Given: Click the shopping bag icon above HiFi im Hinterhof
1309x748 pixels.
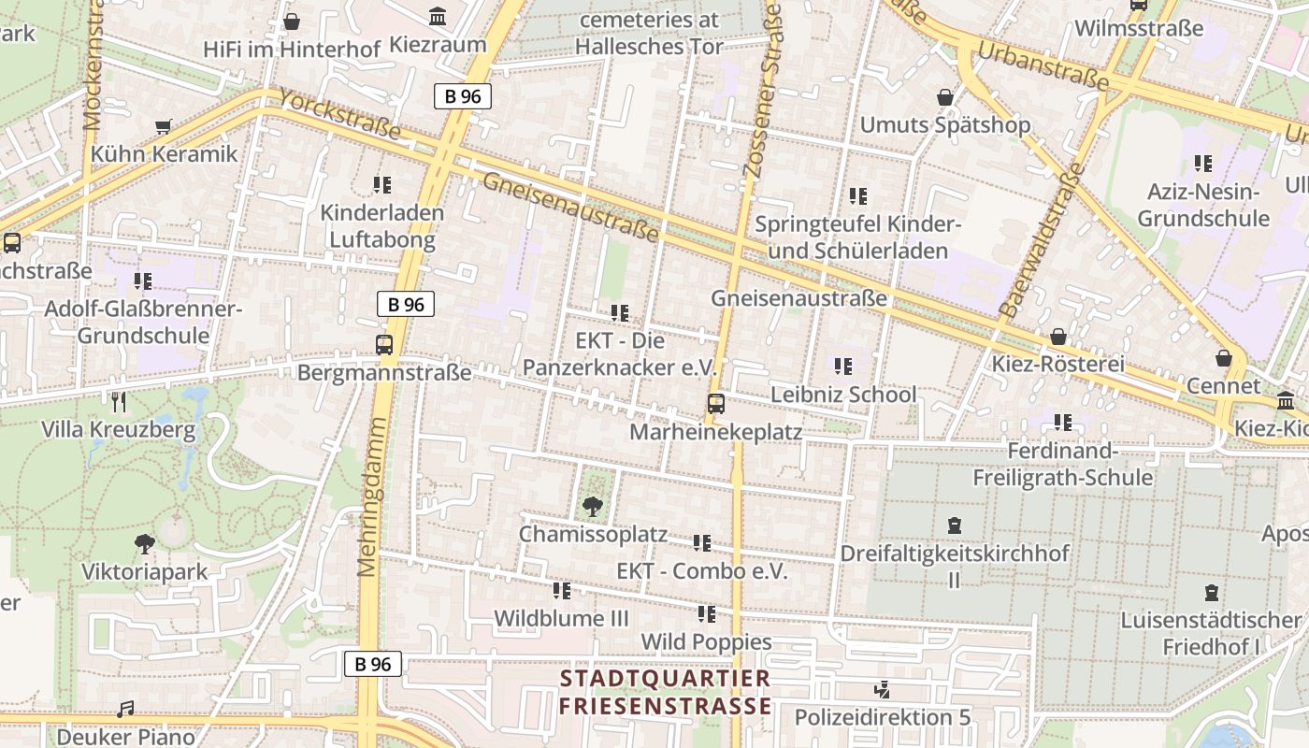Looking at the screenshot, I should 292,21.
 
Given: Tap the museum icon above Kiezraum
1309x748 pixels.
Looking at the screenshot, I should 437,16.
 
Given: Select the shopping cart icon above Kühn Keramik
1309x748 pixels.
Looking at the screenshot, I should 164,126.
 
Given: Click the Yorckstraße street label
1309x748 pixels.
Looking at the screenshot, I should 339,115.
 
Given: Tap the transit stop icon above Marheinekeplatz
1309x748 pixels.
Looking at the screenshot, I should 715,404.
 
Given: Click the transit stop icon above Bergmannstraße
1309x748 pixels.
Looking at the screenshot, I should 384,344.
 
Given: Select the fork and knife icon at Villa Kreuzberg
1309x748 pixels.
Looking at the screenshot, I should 119,402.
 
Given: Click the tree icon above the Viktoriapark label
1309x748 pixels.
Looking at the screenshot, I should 144,544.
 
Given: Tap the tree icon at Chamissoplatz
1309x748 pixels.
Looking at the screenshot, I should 592,507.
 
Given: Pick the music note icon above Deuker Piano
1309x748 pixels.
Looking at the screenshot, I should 125,710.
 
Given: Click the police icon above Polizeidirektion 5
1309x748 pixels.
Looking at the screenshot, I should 881,690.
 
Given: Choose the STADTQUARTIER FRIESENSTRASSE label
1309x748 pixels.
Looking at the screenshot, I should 666,692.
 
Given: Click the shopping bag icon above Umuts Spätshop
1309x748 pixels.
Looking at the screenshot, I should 945,97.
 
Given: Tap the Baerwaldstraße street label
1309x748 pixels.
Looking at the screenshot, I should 1040,240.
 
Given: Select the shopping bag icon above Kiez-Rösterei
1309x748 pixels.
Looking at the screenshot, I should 1058,337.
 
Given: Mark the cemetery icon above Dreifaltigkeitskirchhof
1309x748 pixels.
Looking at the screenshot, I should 954,525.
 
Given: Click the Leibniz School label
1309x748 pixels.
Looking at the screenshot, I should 843,395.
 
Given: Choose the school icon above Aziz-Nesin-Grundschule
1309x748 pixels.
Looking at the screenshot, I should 1202,164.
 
